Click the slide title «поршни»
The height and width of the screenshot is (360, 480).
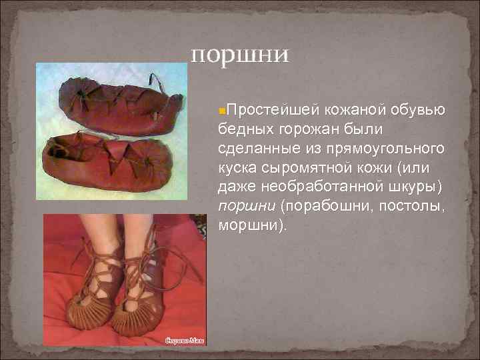(240, 53)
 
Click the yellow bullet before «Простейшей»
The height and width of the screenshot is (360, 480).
(223, 109)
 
